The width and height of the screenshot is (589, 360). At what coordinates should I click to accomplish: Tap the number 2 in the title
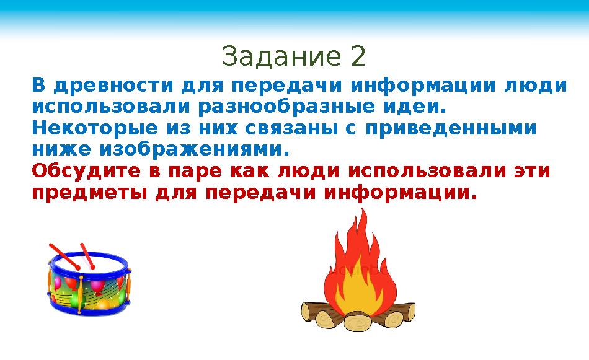pyautogui.click(x=358, y=57)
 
